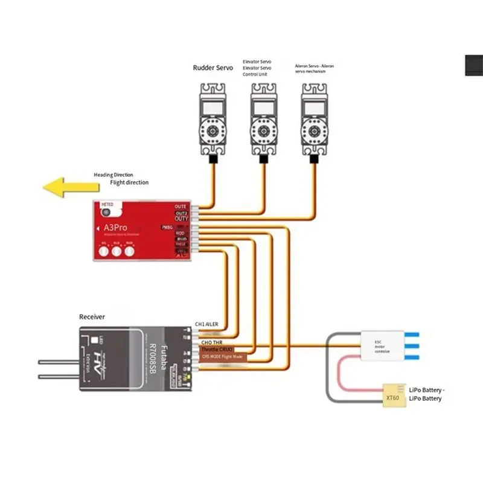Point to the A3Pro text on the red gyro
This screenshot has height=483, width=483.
(112, 228)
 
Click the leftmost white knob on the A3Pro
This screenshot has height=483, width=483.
(104, 252)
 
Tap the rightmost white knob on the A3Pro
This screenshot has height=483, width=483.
(129, 252)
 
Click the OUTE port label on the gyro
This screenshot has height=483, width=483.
(181, 206)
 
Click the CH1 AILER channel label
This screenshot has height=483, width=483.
(206, 324)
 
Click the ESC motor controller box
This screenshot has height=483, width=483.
(383, 345)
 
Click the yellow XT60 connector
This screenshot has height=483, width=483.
(392, 397)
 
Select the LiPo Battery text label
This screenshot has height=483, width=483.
(425, 394)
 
